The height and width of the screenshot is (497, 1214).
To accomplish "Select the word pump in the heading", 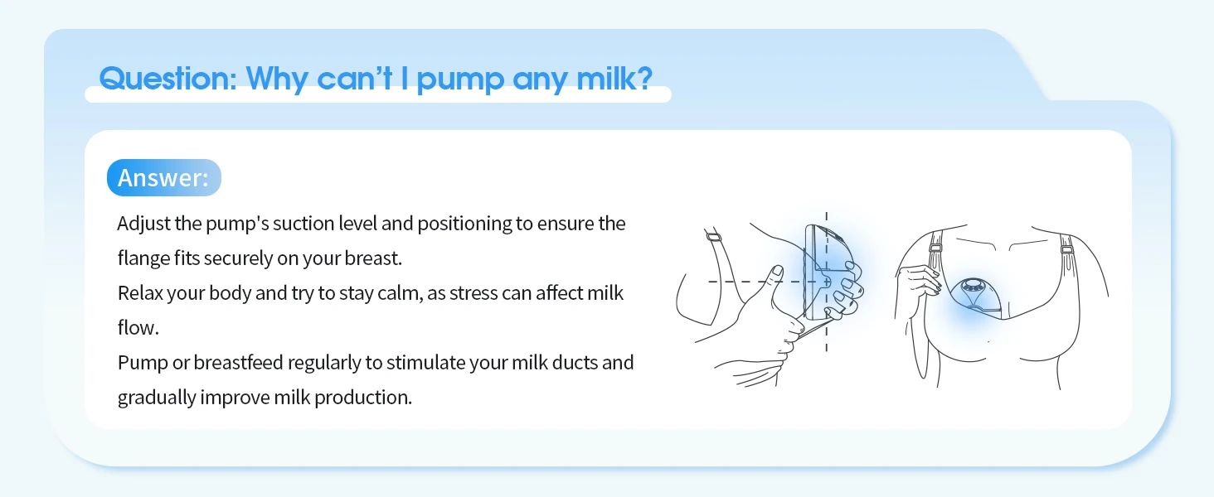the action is point(460,80).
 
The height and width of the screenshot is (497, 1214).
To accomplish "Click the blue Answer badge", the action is point(163,177).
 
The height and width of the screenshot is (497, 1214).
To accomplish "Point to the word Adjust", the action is point(143,224).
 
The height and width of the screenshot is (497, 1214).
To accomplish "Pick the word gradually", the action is point(157,398).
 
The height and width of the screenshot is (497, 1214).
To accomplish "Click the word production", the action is point(363,398).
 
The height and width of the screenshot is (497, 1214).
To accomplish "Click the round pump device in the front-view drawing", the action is point(971,296).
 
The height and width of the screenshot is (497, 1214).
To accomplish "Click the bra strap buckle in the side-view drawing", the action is point(713,237).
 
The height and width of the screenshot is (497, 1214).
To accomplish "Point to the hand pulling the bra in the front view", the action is point(919,281).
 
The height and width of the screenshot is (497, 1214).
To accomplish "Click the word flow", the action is point(138,327).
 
